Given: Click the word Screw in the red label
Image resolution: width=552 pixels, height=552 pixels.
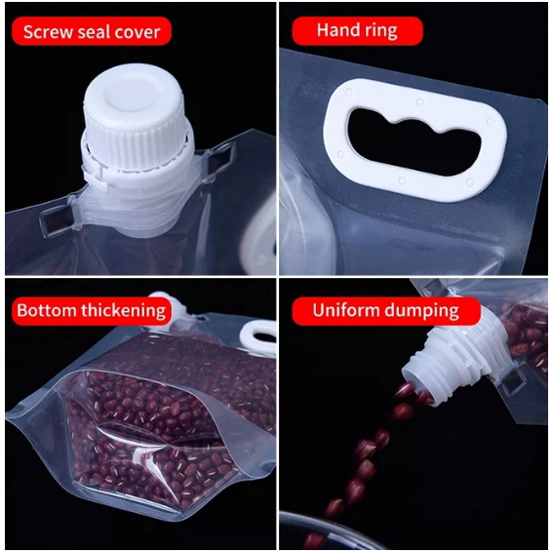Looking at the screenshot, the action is point(49,32).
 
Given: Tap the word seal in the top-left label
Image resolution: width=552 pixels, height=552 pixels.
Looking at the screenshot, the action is point(94,32).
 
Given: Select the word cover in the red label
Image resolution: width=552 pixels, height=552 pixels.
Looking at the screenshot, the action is point(137,32).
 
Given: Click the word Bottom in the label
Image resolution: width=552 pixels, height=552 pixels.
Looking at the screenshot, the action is point(47,310).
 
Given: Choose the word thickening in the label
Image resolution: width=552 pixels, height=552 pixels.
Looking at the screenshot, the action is point(123,311).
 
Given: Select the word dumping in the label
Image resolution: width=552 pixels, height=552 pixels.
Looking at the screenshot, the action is point(421,311).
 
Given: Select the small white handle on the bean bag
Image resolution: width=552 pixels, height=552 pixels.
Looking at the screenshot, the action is point(258,337).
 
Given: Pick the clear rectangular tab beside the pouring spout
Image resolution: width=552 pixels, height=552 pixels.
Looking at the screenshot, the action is point(513,382).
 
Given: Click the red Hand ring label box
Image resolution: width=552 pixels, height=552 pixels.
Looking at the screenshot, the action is point(357,31).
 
